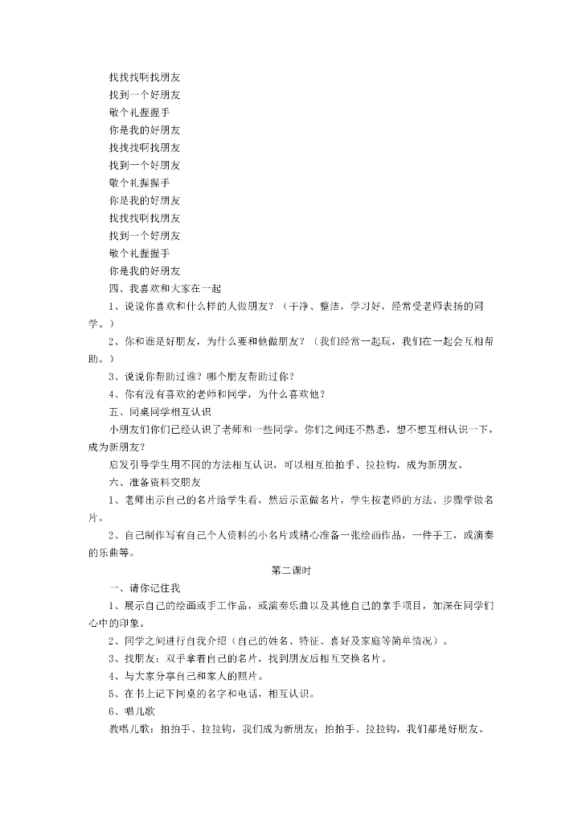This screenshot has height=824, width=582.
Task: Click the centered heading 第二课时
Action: click(x=291, y=571)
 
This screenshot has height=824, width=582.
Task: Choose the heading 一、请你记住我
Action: click(x=145, y=588)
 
